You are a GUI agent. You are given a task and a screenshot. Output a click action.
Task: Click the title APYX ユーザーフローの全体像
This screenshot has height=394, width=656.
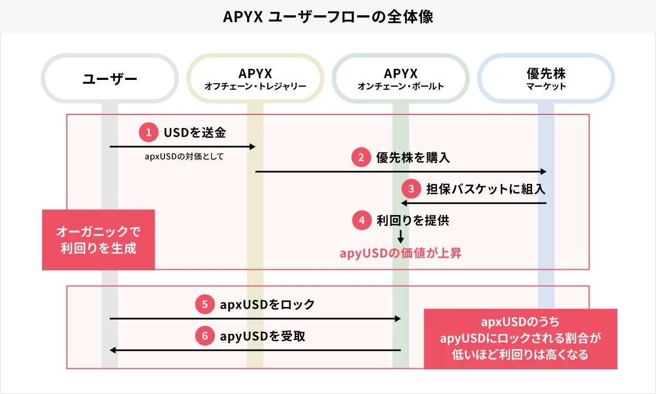coord(328,16)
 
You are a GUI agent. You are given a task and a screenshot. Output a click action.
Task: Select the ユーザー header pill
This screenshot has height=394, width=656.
coord(109,79)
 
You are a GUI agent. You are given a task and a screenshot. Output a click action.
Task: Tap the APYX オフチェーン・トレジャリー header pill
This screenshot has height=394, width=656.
coord(255,79)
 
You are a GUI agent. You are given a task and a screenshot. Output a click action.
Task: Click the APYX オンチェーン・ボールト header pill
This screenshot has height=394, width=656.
coord(400,79)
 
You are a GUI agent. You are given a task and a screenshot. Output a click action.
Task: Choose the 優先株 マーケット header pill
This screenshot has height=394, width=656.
coord(546,79)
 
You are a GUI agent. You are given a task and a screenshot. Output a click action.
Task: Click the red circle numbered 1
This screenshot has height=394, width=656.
coord(148,132)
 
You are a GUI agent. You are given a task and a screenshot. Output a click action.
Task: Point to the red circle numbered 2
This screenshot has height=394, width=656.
coord(361,158)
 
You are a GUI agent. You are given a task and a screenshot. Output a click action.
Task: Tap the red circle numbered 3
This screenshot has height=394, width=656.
coord(411,189)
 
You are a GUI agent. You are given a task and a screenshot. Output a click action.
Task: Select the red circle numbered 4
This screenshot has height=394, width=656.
coord(361,221)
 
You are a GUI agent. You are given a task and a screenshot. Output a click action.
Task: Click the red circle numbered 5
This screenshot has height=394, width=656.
coord(204,305)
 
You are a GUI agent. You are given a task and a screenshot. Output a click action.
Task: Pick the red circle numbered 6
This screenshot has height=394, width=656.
coord(204,336)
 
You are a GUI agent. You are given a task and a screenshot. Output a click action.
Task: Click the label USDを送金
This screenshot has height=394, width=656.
coord(195,132)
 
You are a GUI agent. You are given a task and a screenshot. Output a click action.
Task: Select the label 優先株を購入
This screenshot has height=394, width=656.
coord(413,158)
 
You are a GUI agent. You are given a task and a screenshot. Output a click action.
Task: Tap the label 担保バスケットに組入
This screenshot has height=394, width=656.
coord(485,189)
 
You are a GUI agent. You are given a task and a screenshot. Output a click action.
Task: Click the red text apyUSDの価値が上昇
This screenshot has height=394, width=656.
coord(400,253)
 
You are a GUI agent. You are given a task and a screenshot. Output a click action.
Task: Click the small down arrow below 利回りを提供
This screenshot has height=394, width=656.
coord(400,236)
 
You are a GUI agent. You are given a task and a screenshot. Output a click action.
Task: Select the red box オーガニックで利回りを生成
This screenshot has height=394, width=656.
coord(98,240)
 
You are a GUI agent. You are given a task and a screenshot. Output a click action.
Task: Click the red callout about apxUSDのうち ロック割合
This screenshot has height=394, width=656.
coord(520,338)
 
